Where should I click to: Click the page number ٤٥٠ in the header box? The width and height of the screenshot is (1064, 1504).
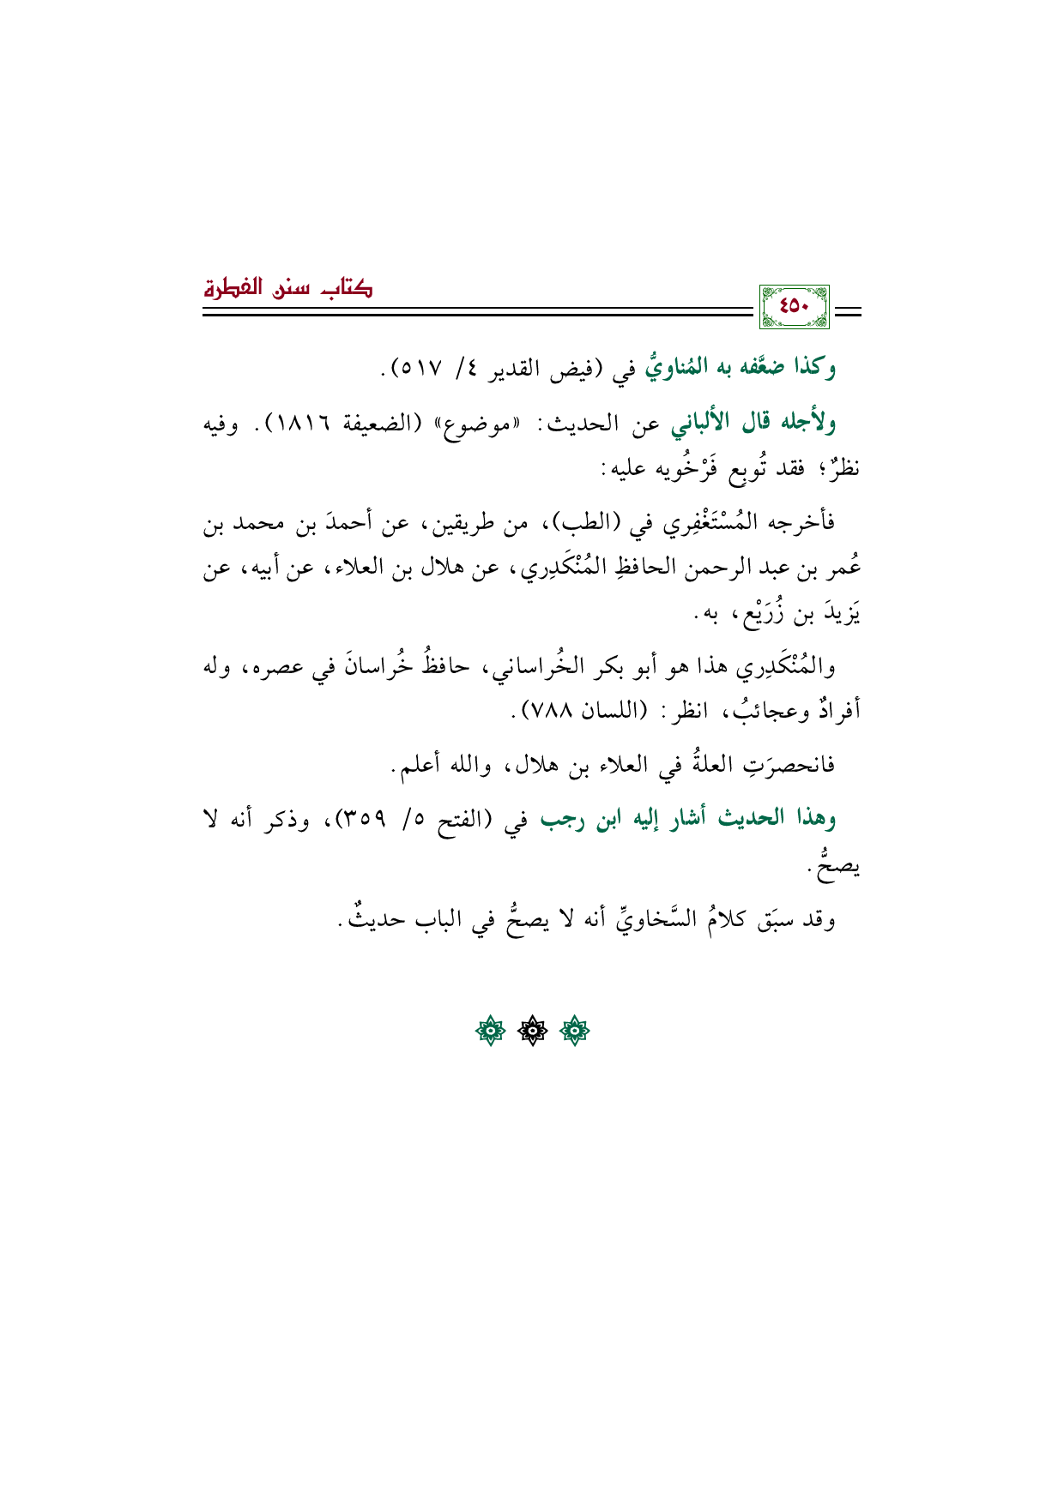click(795, 307)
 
